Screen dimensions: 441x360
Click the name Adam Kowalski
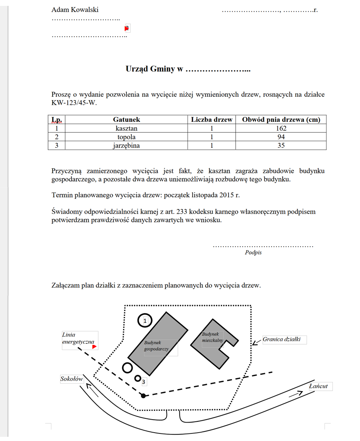(75, 10)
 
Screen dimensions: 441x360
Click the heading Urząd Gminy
(154, 69)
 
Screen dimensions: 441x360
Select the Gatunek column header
(126, 120)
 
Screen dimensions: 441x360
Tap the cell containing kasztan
(126, 129)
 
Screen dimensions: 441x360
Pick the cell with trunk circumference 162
(281, 129)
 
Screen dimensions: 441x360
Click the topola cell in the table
(126, 137)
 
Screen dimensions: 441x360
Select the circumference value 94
(281, 137)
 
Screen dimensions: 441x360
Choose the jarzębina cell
(126, 145)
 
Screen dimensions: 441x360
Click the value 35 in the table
(281, 145)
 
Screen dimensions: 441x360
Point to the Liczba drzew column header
(211, 120)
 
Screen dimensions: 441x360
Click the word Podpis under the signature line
(253, 253)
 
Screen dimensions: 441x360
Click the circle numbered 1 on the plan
(145, 321)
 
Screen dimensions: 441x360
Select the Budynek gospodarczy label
(156, 345)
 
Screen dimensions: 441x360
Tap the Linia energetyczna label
(77, 338)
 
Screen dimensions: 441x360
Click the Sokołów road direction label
(72, 379)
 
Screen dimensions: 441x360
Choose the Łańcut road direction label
(318, 386)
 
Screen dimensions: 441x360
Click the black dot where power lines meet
(144, 395)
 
